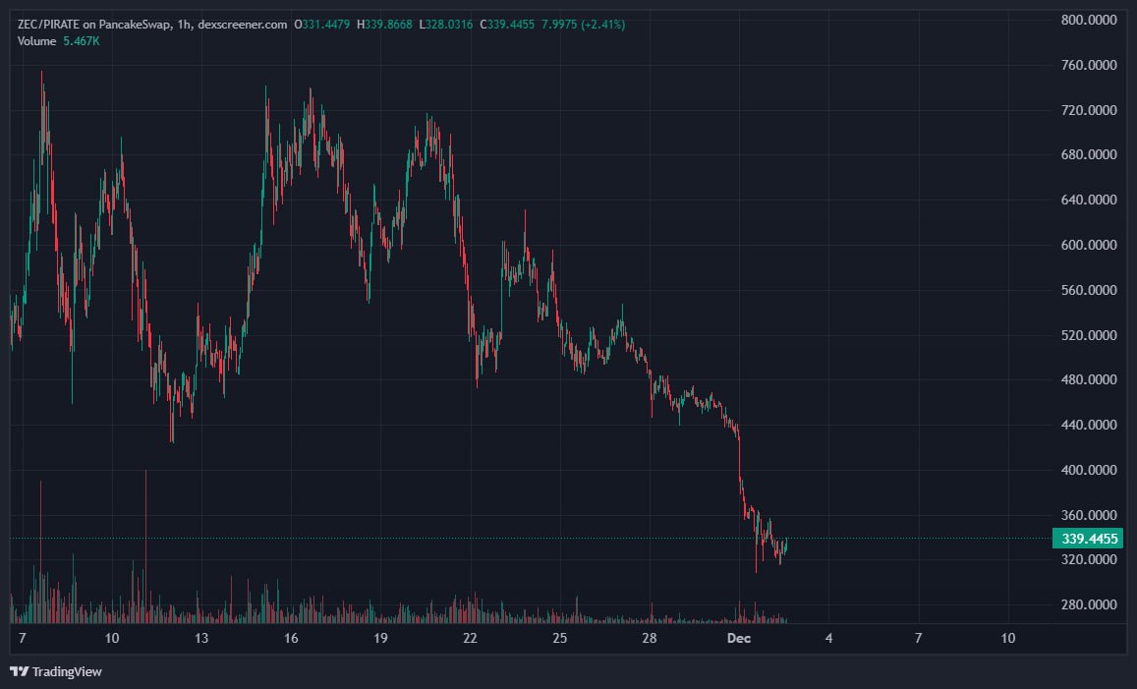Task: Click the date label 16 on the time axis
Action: (x=291, y=639)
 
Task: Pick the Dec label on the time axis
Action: (x=738, y=639)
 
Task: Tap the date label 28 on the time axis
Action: (x=650, y=639)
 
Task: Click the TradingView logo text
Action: (x=67, y=672)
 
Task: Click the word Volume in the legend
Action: (x=37, y=39)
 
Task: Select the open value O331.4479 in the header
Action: (x=322, y=23)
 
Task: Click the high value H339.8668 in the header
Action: (x=384, y=23)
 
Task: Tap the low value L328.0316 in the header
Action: (x=446, y=23)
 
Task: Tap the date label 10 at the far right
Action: (x=1008, y=639)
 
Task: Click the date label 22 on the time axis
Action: (x=470, y=639)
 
